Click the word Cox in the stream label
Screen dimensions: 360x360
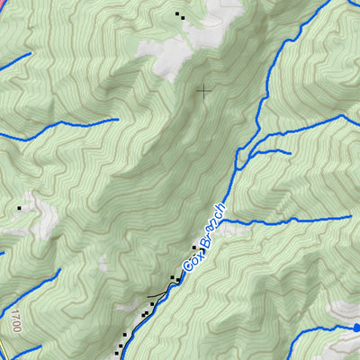[192, 258]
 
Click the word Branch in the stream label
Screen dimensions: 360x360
[212, 226]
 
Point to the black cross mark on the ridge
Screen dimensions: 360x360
[205, 89]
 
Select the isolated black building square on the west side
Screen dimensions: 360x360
[19, 208]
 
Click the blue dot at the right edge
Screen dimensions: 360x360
[357, 327]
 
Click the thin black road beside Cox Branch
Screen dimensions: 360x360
[155, 296]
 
